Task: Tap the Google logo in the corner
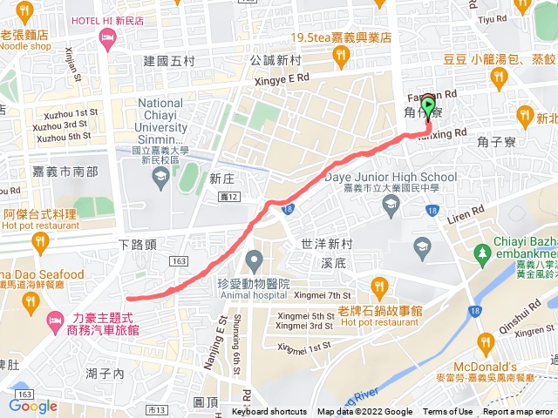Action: pos(33,406)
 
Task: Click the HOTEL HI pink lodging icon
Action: pos(107,37)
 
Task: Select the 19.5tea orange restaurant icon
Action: pos(342,57)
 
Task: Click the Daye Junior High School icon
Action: pos(391,205)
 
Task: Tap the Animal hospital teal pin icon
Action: pos(255,260)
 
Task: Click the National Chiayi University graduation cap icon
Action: pos(160,179)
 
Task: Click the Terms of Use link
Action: pos(447,412)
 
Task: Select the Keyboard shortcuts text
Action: pos(269,412)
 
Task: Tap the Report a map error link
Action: pos(518,412)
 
